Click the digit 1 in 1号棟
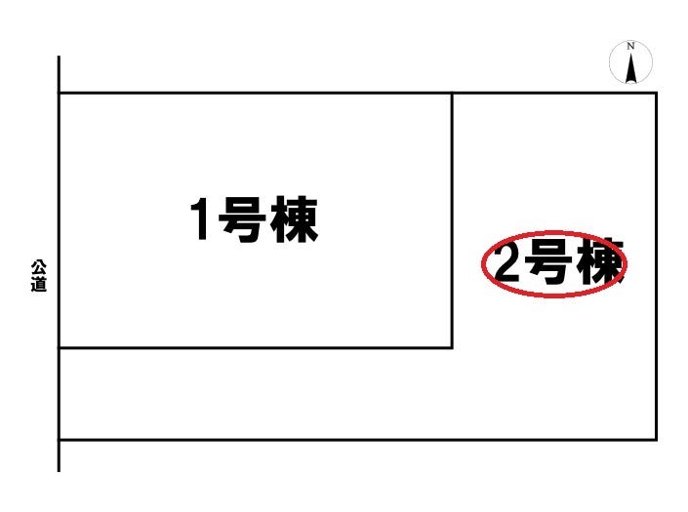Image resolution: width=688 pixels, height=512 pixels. click(200, 218)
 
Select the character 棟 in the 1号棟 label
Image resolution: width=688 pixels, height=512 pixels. click(294, 219)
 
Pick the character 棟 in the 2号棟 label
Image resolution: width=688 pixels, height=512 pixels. click(600, 261)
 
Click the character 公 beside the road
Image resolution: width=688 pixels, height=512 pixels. click(39, 268)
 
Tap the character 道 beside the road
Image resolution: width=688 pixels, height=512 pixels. click(39, 284)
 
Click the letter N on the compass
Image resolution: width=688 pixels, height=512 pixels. click(630, 46)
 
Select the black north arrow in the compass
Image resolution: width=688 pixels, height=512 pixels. click(631, 68)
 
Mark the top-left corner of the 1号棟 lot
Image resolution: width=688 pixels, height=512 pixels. click(59, 93)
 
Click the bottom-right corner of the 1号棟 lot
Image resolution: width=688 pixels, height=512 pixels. click(453, 348)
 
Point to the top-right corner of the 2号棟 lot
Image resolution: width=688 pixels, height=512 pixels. click(657, 93)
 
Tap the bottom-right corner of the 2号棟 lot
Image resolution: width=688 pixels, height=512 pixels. click(657, 439)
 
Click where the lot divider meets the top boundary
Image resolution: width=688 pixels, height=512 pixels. click(453, 93)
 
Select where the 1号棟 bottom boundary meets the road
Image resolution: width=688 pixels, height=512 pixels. click(59, 348)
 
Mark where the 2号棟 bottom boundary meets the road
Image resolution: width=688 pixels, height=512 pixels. click(59, 439)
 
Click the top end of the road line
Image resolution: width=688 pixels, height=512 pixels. click(59, 57)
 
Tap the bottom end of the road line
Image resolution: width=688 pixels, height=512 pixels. click(59, 472)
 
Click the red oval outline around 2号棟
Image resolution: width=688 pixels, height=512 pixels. click(554, 232)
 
